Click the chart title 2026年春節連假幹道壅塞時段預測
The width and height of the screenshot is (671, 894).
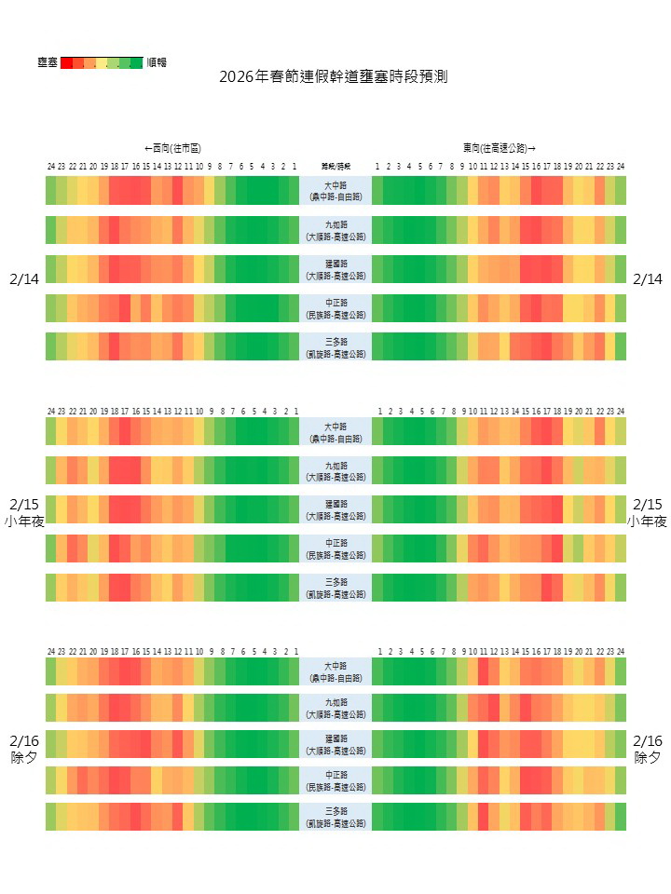(x=333, y=76)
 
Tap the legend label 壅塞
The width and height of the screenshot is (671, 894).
(x=48, y=62)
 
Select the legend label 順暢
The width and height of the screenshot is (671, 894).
(x=157, y=62)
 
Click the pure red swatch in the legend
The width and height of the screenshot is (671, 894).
(x=66, y=62)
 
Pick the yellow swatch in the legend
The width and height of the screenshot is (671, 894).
(x=102, y=62)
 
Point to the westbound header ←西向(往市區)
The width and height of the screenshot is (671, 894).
(x=172, y=148)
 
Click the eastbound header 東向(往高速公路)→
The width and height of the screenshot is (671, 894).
(x=500, y=148)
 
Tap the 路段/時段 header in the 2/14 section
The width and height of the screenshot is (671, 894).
(x=335, y=167)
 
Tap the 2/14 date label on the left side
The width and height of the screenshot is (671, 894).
(x=24, y=279)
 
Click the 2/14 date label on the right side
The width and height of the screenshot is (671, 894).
(x=647, y=279)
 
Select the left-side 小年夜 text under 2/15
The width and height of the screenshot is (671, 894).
(x=24, y=521)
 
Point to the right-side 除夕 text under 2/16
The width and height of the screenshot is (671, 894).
(x=647, y=758)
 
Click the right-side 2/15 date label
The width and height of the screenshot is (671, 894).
(x=647, y=504)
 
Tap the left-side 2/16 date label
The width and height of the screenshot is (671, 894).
(x=24, y=741)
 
